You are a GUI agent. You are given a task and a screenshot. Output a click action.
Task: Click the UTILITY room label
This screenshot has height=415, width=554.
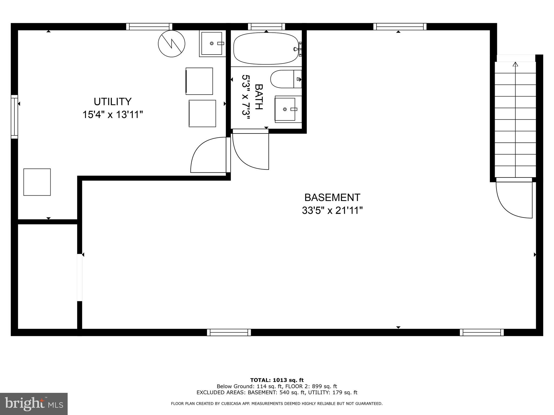113,102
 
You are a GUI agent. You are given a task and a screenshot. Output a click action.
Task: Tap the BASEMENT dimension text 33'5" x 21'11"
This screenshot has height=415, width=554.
332,210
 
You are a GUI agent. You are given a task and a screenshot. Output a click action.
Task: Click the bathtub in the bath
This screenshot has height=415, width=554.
266,49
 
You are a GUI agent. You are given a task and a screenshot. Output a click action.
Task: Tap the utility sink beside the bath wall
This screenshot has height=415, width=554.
212,43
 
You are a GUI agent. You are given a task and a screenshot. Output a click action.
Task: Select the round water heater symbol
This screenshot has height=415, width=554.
172,43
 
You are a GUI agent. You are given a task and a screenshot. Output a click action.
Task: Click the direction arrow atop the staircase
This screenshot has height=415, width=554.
515,64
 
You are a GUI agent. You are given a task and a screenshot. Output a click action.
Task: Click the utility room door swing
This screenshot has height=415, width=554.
208,156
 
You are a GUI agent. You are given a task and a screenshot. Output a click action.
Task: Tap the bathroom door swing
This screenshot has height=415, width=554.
250,150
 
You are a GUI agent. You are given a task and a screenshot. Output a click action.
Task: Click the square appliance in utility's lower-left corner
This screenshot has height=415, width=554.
37,182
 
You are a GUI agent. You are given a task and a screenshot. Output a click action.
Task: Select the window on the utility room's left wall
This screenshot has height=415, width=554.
14,117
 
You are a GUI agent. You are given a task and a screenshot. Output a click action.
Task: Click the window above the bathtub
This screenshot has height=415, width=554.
266,26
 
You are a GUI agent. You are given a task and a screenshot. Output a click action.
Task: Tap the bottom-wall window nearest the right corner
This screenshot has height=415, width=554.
482,332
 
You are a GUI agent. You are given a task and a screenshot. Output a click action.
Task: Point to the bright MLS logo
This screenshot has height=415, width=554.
34,404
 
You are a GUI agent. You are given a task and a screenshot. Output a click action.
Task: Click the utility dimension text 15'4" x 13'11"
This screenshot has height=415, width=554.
113,115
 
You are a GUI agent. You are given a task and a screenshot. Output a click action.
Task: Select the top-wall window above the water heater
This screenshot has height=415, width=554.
149,26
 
